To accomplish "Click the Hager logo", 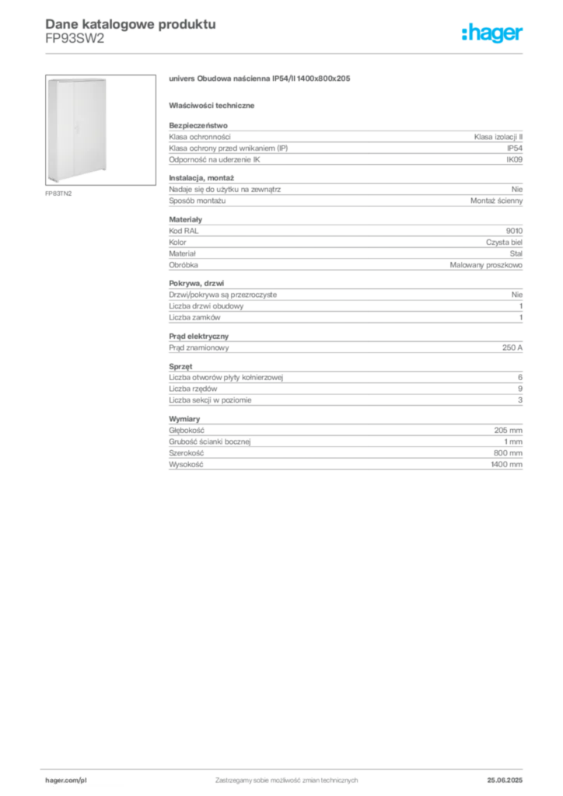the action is tap(492, 33).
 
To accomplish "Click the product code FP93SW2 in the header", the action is tap(75, 39).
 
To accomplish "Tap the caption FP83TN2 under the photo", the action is tap(58, 194).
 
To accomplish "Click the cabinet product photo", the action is tap(100, 130).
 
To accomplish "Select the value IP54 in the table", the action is tap(514, 148).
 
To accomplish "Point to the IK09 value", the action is tap(514, 159).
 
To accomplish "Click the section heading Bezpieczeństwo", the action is tap(198, 125).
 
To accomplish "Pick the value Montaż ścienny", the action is tap(496, 201).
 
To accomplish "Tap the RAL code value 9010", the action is tap(514, 230).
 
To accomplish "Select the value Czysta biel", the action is tap(504, 243).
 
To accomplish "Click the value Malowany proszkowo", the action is tap(486, 265).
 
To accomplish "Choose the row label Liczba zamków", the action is tap(194, 317).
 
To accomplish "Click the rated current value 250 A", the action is tap(512, 347).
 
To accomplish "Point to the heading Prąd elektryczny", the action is tap(198, 336).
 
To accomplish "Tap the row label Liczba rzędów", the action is tap(193, 389).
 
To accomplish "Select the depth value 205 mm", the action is tap(508, 430).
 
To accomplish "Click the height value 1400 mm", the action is tap(506, 465).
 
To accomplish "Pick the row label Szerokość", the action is tap(187, 453).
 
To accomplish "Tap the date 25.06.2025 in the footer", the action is tap(505, 780).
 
